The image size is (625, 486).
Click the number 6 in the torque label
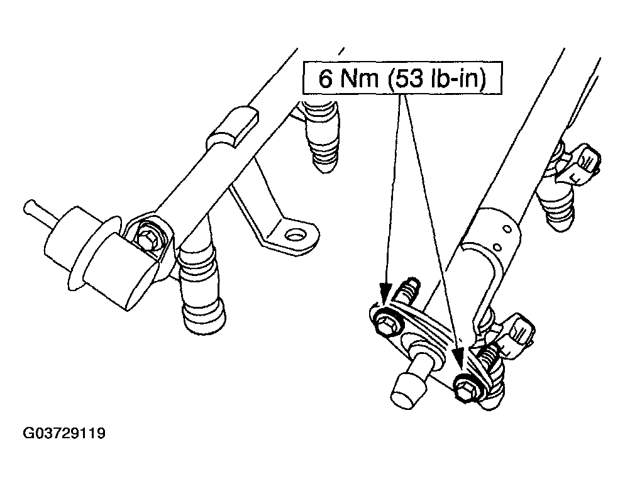point(325,78)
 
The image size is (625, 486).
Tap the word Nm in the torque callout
point(359,78)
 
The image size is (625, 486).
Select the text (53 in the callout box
point(405,79)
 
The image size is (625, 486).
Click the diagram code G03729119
point(64,433)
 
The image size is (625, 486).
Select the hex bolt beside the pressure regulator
point(148,240)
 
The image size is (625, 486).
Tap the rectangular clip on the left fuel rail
point(233,128)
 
